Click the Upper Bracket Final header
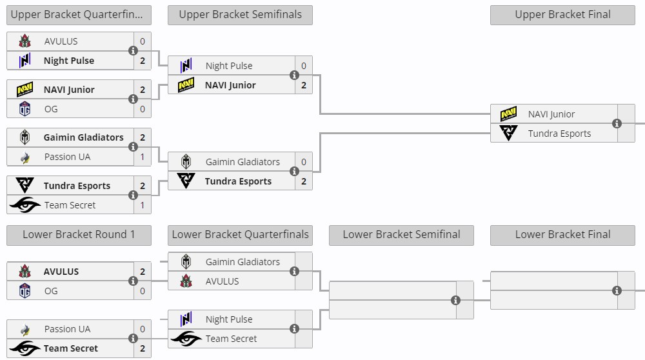click(x=562, y=15)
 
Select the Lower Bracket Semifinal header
click(x=401, y=235)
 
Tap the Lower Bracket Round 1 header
click(x=79, y=235)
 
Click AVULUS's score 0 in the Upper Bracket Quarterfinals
click(x=143, y=41)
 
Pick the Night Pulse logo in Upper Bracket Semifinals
click(x=186, y=66)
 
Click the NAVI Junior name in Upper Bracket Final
click(x=551, y=114)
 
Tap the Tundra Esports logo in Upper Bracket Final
click(x=508, y=134)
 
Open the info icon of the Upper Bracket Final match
click(x=617, y=124)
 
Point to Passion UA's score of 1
click(x=143, y=157)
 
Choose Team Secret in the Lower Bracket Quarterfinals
click(x=231, y=339)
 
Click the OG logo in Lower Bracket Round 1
click(x=25, y=291)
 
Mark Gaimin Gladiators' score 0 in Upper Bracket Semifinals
click(x=304, y=162)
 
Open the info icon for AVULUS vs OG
click(x=133, y=281)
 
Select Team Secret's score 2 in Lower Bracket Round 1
click(x=143, y=348)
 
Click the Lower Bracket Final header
click(x=562, y=235)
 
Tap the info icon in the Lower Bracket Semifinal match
click(x=455, y=300)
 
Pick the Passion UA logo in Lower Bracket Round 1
click(x=25, y=329)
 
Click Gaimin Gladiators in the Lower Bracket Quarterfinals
click(x=243, y=262)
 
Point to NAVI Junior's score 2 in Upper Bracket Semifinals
click(x=304, y=85)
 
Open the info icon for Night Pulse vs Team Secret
click(x=294, y=329)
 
